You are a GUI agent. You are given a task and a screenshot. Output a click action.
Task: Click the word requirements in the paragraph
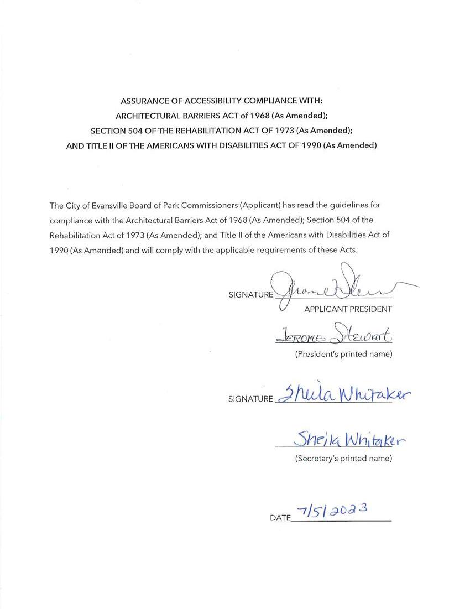coord(284,250)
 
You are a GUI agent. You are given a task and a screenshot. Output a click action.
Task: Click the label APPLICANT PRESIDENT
coord(348,309)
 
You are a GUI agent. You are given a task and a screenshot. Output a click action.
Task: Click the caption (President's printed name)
coord(343,354)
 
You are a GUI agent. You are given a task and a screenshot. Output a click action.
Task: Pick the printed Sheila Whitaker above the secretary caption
coord(350,440)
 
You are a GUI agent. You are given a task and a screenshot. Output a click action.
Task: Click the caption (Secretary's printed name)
coord(343,459)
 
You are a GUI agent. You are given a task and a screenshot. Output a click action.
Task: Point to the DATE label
coord(280,518)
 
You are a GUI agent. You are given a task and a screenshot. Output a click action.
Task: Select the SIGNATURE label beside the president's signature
coord(250,295)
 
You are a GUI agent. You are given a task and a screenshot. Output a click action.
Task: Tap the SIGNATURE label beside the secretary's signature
coord(250,399)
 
